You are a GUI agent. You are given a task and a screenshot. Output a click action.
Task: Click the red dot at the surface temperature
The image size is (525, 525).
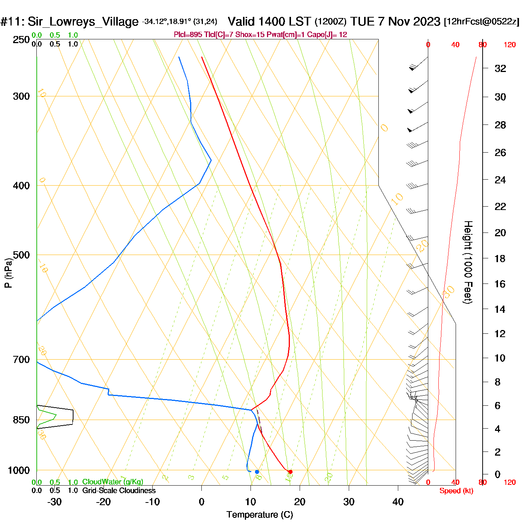[290, 472]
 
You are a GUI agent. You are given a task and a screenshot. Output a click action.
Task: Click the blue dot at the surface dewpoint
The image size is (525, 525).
[257, 472]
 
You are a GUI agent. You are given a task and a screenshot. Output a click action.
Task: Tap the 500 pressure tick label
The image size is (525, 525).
[21, 255]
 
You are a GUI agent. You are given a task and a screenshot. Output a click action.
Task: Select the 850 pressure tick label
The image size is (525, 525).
[21, 420]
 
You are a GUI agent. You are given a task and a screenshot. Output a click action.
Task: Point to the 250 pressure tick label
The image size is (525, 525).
[21, 40]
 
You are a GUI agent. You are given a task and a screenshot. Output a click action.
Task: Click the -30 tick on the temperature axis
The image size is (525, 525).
[54, 502]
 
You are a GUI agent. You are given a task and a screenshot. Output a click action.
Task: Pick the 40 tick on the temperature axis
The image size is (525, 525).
[398, 502]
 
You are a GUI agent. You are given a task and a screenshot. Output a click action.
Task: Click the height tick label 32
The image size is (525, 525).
[500, 68]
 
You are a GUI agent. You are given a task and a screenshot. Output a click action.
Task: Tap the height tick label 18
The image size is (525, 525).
[500, 258]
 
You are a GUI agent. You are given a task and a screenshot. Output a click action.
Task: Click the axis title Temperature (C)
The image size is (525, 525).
[259, 515]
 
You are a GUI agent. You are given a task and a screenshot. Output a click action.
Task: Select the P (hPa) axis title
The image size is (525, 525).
[8, 273]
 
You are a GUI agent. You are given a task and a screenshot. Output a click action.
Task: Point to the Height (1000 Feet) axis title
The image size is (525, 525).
[468, 262]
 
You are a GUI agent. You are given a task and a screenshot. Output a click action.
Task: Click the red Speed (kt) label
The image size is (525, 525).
[456, 491]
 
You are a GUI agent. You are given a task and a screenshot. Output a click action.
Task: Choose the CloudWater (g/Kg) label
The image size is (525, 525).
[112, 482]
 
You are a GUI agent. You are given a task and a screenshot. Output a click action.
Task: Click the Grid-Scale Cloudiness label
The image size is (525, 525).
[119, 490]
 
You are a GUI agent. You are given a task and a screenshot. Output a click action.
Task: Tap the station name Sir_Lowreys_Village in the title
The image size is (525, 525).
[83, 22]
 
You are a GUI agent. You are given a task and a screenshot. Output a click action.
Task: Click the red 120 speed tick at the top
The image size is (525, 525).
[510, 45]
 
